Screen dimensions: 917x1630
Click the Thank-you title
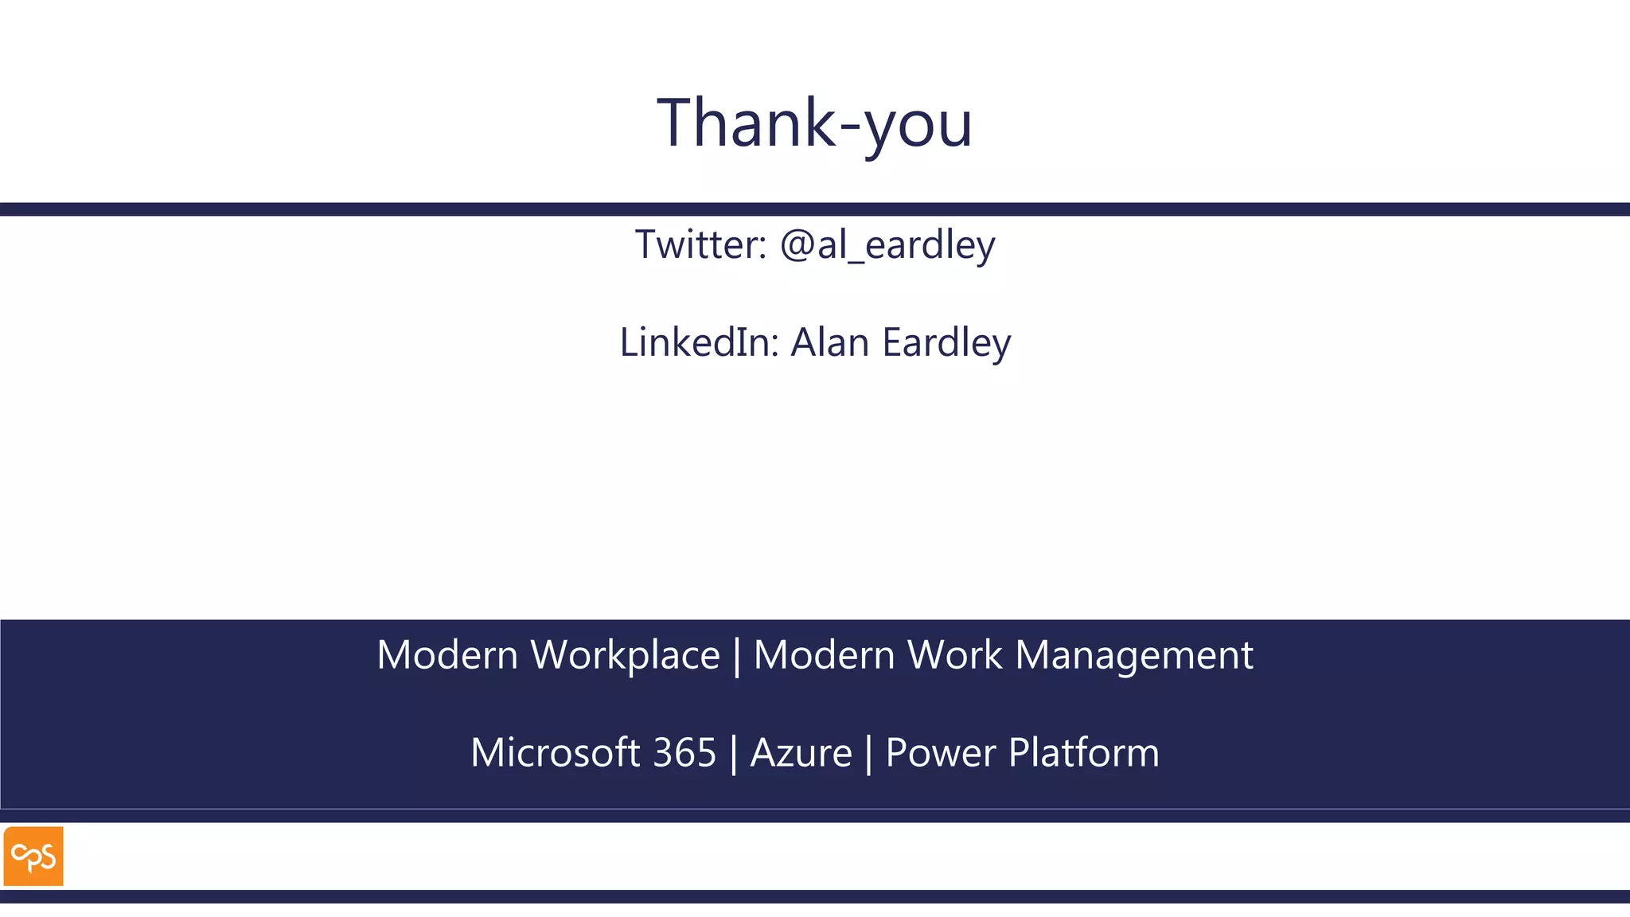pyautogui.click(x=814, y=123)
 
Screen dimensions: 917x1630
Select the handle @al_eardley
pyautogui.click(x=887, y=244)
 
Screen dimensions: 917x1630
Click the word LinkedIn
pyautogui.click(x=699, y=342)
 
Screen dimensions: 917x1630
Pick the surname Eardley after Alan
pyautogui.click(x=946, y=343)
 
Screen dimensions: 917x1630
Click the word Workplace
pyautogui.click(x=625, y=656)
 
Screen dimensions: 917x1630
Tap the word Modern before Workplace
pyautogui.click(x=447, y=655)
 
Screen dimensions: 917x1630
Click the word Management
pyautogui.click(x=1134, y=657)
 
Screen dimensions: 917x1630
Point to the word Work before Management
pyautogui.click(x=955, y=655)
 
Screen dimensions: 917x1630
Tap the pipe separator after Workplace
pyautogui.click(x=736, y=657)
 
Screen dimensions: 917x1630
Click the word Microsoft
pyautogui.click(x=555, y=753)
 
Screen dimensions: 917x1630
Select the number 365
pyautogui.click(x=684, y=753)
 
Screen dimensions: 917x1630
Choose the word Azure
pyautogui.click(x=801, y=753)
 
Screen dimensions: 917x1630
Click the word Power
pyautogui.click(x=940, y=753)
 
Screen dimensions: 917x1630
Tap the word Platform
pyautogui.click(x=1084, y=753)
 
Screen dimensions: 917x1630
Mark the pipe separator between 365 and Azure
pyautogui.click(x=733, y=755)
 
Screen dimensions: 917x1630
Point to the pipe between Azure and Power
pyautogui.click(x=868, y=755)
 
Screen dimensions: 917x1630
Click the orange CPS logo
pyautogui.click(x=33, y=857)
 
